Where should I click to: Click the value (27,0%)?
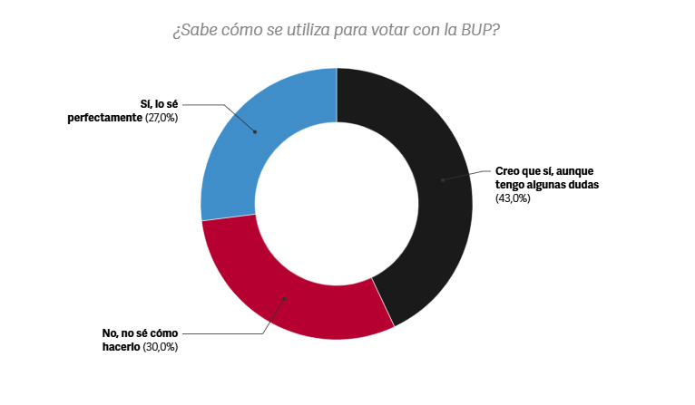click(x=161, y=118)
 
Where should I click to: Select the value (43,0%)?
click(x=513, y=198)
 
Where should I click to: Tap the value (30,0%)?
click(x=161, y=347)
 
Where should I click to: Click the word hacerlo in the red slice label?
click(x=122, y=347)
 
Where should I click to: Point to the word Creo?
click(x=509, y=169)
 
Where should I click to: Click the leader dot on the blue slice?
click(x=255, y=132)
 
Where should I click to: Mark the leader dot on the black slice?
click(x=442, y=180)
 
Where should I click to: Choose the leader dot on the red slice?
click(x=284, y=298)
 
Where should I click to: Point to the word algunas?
click(x=542, y=184)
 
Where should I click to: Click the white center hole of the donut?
click(x=337, y=204)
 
